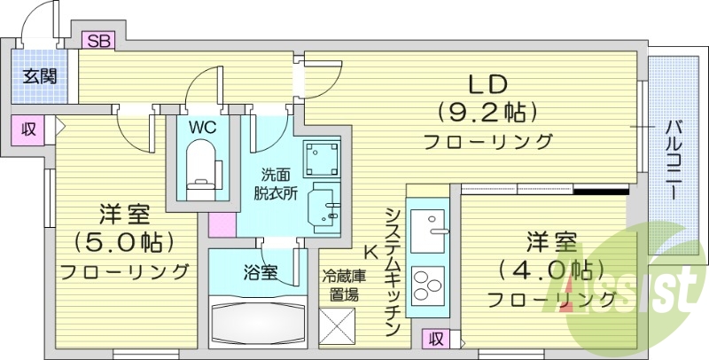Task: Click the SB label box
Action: [97, 40]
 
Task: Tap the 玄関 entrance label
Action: [40, 74]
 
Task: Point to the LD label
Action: [487, 85]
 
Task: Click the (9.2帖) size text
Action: [487, 113]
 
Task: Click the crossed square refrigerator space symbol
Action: [337, 329]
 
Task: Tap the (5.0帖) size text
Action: [124, 242]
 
